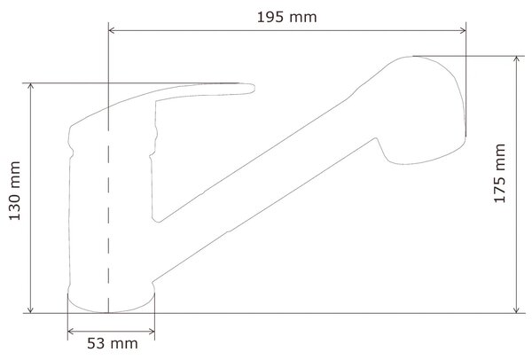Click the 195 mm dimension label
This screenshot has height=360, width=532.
point(286,18)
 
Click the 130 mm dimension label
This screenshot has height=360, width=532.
point(14,191)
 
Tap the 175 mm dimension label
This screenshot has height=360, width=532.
point(499,174)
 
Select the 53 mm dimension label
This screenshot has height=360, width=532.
point(113,343)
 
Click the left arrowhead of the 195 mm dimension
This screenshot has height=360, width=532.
point(112,30)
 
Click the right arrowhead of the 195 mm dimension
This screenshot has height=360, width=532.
point(462,30)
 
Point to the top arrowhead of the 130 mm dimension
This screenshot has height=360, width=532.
point(30,87)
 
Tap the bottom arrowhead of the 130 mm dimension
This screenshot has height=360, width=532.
point(30,309)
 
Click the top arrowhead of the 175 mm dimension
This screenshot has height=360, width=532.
point(516,60)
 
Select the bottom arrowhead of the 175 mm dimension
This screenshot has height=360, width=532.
point(516,309)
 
